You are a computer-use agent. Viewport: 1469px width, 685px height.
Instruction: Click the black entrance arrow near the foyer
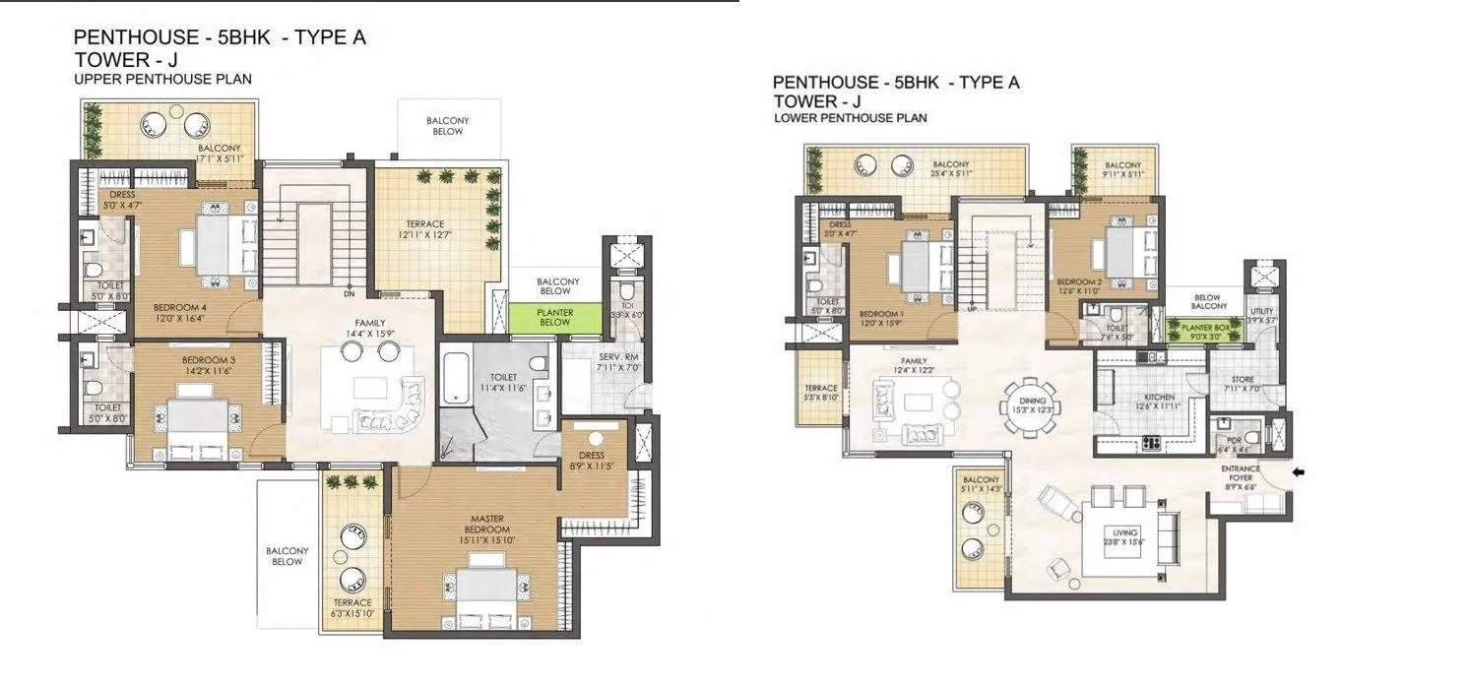pos(1300,473)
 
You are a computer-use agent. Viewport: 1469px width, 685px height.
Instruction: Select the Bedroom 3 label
pos(205,360)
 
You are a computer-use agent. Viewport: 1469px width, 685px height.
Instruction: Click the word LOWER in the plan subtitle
pos(794,118)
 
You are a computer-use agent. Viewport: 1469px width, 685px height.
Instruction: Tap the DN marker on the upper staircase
pos(349,292)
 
